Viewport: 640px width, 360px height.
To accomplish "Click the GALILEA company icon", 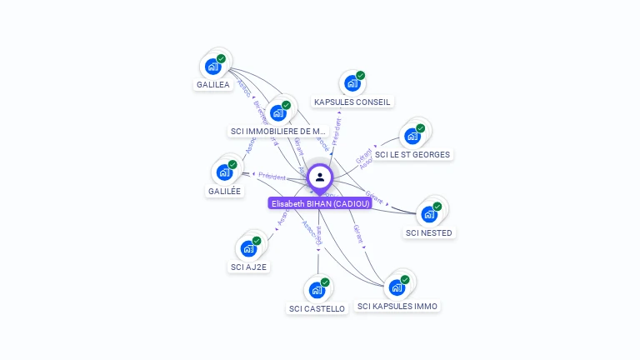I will coord(212,66).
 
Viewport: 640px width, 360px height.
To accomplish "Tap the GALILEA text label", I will coord(212,85).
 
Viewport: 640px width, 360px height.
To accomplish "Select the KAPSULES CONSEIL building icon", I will coord(352,83).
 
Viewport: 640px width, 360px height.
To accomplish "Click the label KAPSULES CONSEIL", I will coord(352,102).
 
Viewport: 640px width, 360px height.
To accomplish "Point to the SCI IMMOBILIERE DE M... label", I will coord(278,132).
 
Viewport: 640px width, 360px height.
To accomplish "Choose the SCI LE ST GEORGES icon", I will coord(412,136).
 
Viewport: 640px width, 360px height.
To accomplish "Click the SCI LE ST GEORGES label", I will coord(412,155).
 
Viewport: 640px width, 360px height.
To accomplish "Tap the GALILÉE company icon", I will coord(223,172).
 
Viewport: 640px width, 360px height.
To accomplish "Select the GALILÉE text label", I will coord(224,191).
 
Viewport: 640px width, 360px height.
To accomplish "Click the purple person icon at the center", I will coord(320,177).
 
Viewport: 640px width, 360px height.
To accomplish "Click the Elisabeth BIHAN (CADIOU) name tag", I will coord(320,203).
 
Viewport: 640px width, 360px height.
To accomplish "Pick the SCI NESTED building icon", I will coord(429,214).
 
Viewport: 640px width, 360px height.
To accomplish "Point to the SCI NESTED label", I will coord(429,233).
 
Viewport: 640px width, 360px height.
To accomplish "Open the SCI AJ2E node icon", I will coord(248,248).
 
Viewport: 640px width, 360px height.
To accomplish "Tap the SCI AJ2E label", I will coord(248,267).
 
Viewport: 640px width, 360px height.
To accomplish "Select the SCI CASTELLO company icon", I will coord(317,290).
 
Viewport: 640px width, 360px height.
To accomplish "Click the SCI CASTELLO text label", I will coord(317,309).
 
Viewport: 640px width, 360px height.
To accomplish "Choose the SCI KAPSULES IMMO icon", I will coord(397,287).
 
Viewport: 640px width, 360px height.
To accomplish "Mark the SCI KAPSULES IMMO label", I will coord(397,307).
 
